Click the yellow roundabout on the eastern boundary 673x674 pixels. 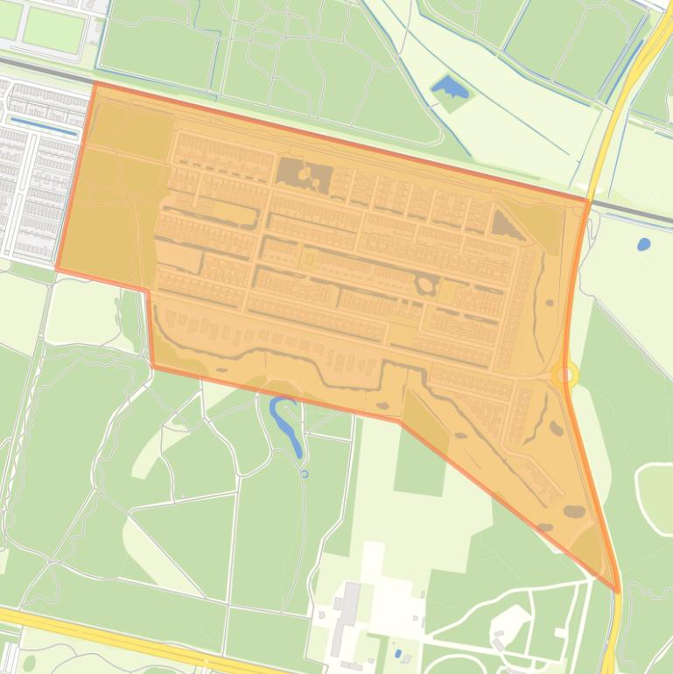point(566,376)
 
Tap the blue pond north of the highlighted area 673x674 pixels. point(449,87)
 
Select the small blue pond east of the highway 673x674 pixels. point(644,244)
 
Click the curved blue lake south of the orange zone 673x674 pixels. point(287,424)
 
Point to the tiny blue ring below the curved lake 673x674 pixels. point(305,474)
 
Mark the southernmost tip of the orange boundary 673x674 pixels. point(618,592)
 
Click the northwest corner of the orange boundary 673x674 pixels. point(94,85)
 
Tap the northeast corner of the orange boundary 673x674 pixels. point(587,200)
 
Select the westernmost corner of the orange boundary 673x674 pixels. point(58,269)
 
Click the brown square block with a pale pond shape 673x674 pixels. point(305,174)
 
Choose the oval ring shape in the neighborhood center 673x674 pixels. point(426,285)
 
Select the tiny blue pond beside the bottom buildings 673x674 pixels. point(399,653)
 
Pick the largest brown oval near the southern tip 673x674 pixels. point(574,511)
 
